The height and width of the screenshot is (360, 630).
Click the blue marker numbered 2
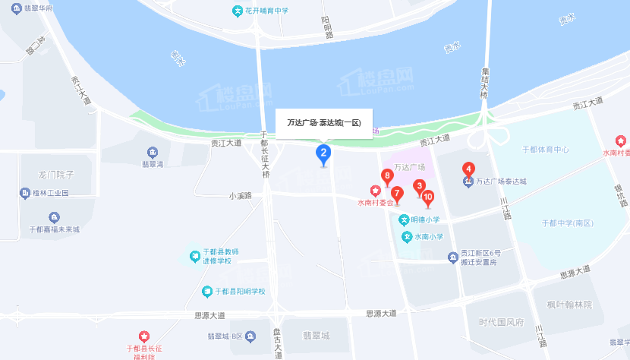[323, 155]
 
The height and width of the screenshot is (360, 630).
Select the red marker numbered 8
[387, 177]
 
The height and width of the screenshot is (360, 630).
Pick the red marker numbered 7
[397, 192]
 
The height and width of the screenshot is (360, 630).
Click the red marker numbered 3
[418, 185]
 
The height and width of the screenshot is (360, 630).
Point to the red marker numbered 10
[428, 198]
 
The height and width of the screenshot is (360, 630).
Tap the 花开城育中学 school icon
[238, 11]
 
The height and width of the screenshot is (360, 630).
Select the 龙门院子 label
[57, 175]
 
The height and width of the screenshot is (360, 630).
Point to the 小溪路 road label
[240, 196]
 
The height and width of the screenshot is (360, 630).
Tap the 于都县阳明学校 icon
[207, 291]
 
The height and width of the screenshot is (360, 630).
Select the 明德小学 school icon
[405, 220]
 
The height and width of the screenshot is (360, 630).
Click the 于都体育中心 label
[546, 150]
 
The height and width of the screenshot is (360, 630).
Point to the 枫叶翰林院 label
[569, 304]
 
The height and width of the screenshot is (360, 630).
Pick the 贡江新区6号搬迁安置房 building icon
[452, 258]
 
